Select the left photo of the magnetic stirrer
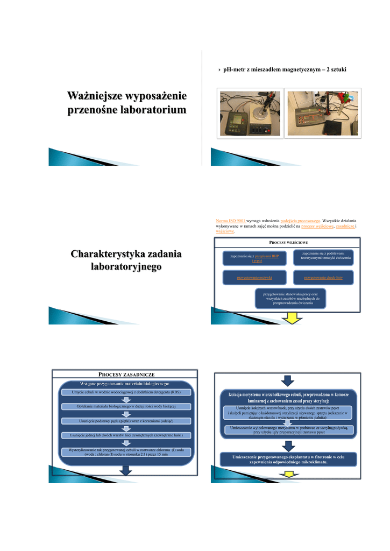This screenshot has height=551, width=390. point(249,114)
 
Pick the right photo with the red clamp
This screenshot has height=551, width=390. point(323,114)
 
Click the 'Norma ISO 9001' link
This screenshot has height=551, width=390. point(231,221)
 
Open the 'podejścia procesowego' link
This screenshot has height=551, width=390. point(301,221)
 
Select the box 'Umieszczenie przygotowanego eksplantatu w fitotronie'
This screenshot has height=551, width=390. point(288,459)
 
